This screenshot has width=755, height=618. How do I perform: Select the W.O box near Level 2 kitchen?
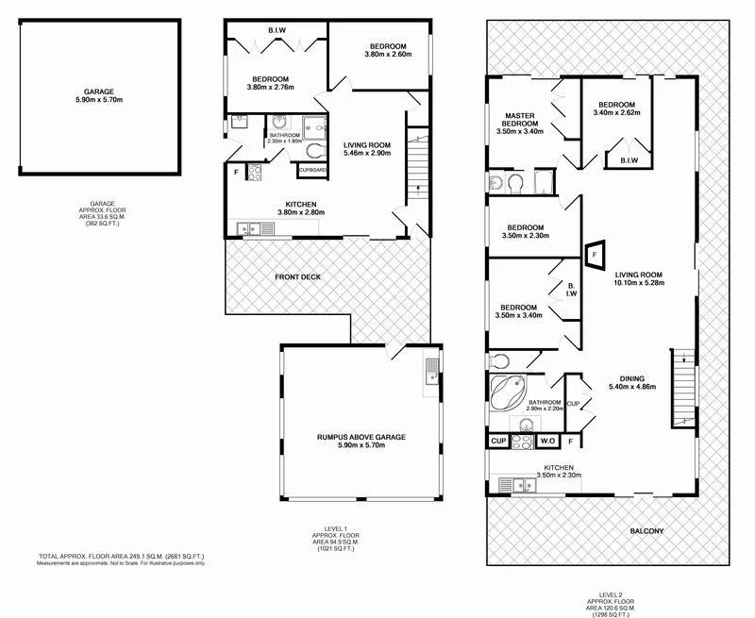(x=547, y=441)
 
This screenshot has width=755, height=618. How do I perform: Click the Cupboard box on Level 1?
(x=311, y=171)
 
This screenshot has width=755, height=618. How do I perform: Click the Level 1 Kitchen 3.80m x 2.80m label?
(x=300, y=209)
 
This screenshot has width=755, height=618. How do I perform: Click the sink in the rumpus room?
(x=431, y=369)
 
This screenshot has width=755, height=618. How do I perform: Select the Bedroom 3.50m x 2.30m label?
(x=525, y=232)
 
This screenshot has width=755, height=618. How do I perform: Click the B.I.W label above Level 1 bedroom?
(x=277, y=31)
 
